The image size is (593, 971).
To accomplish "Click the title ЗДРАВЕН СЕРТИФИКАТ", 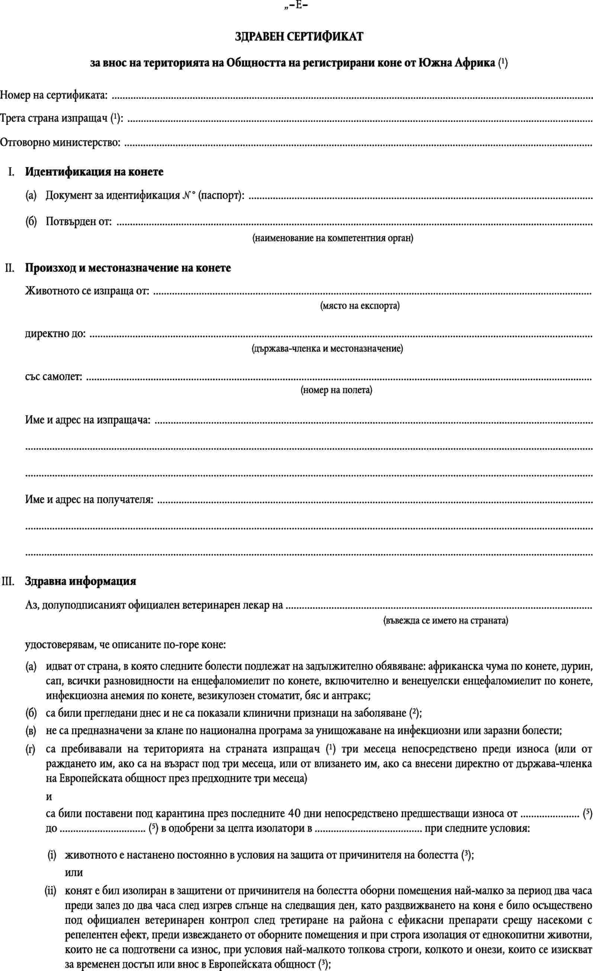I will (x=299, y=37).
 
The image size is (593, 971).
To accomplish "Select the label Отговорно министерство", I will (x=60, y=142).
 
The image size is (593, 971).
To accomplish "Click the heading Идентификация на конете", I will (x=94, y=172).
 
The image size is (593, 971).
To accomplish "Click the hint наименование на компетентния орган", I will (x=333, y=238).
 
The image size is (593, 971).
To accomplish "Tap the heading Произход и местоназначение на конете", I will (x=128, y=268).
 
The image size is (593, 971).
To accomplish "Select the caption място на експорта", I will (x=360, y=306).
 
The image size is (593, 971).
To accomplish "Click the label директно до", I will (x=55, y=334).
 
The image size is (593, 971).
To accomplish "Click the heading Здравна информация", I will (x=81, y=581).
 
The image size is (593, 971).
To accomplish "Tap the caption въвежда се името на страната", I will (x=446, y=621).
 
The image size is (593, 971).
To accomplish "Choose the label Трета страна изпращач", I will (x=61, y=119).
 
